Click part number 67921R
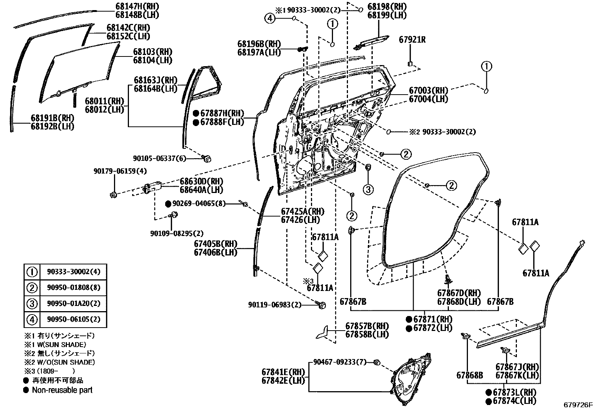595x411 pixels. [x=412, y=40]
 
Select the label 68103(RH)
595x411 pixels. [x=152, y=52]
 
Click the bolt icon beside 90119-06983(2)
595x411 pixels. [x=322, y=305]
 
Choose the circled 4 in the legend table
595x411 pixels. [x=32, y=320]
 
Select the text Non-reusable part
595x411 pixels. [x=62, y=390]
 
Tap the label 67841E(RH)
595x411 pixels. [x=283, y=372]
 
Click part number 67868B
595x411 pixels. [x=469, y=375]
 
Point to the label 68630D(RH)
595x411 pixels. [x=201, y=181]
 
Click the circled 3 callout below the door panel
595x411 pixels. [x=368, y=190]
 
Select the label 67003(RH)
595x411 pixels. [x=428, y=91]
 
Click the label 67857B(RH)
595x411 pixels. [x=367, y=326]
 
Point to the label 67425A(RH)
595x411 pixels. [x=302, y=212]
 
